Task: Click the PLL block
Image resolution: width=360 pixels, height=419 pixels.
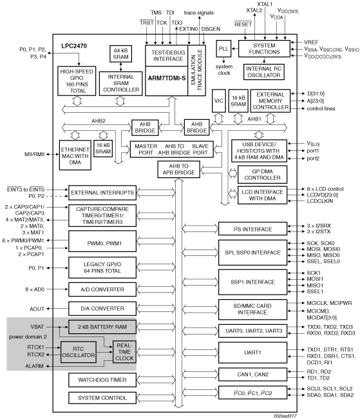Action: click(x=223, y=48)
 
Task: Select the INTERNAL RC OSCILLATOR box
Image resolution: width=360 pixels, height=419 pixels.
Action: click(x=264, y=72)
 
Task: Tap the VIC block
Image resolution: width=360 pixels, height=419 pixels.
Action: click(x=219, y=101)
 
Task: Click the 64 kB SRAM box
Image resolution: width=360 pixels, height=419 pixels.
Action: click(x=120, y=54)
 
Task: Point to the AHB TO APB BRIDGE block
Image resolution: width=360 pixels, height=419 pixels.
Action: click(x=178, y=169)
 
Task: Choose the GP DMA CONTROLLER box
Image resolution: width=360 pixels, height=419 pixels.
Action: click(x=262, y=175)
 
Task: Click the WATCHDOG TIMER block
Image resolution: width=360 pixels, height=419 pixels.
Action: click(x=102, y=380)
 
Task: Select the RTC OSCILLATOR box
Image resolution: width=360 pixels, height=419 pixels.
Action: click(x=79, y=352)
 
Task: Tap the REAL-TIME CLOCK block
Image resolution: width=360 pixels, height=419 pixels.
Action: click(x=124, y=352)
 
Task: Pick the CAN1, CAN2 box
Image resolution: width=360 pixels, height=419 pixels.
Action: click(x=252, y=375)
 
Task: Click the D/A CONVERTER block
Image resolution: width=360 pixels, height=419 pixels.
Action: click(x=102, y=308)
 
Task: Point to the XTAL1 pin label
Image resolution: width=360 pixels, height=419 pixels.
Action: click(x=265, y=5)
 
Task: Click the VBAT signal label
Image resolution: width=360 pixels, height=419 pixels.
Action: click(x=37, y=327)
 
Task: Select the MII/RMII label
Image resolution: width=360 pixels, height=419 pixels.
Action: click(x=34, y=154)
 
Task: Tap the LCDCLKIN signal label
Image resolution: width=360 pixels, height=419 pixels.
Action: click(x=320, y=201)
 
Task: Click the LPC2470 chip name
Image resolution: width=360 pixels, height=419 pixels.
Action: click(x=74, y=46)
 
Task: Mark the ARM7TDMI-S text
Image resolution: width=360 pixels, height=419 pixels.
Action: click(x=167, y=78)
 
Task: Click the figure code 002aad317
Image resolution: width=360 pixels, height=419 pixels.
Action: click(x=285, y=416)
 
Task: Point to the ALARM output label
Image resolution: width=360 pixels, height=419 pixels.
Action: click(x=34, y=366)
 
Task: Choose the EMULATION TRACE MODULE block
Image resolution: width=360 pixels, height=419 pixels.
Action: click(x=196, y=70)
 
